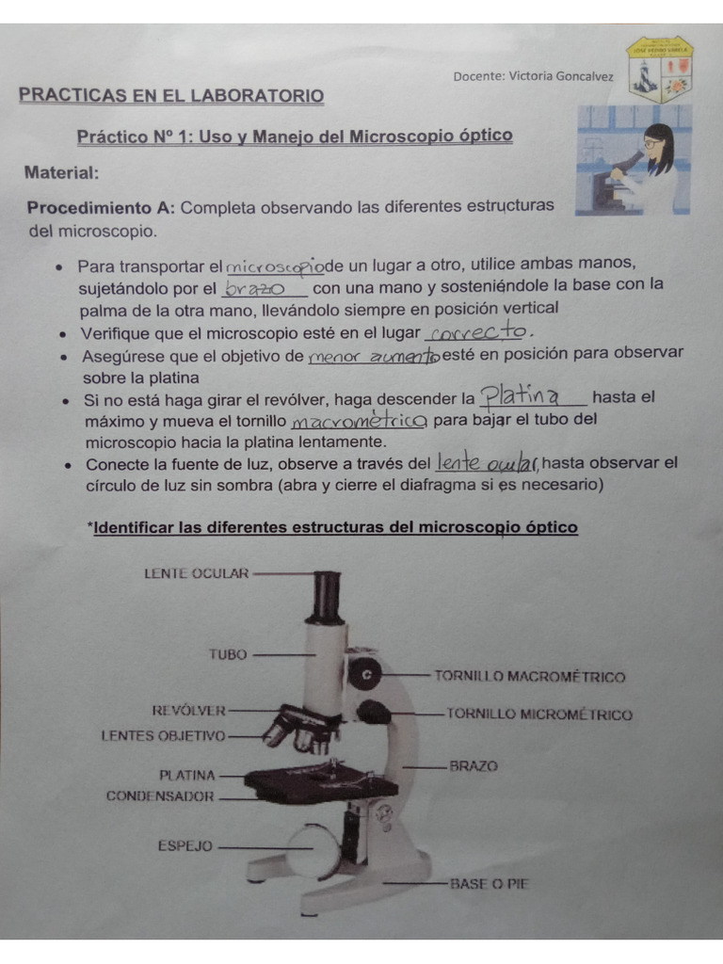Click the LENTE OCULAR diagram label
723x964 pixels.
(x=197, y=572)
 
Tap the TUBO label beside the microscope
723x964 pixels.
(x=228, y=654)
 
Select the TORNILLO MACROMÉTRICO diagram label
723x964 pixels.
(x=529, y=676)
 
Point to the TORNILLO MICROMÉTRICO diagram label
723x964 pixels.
(x=538, y=715)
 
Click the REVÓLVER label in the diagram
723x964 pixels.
(x=188, y=710)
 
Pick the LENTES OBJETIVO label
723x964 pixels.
(x=163, y=735)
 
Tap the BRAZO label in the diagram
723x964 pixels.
(x=474, y=766)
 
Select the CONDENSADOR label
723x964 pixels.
(x=160, y=795)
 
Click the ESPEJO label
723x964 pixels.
(x=185, y=846)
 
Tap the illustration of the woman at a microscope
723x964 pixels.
(x=634, y=159)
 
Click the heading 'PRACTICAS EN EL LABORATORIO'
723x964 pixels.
(x=171, y=96)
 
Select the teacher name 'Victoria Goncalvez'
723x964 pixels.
(x=561, y=76)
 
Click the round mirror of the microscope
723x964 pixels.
(x=312, y=849)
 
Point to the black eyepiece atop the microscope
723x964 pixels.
(x=327, y=596)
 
